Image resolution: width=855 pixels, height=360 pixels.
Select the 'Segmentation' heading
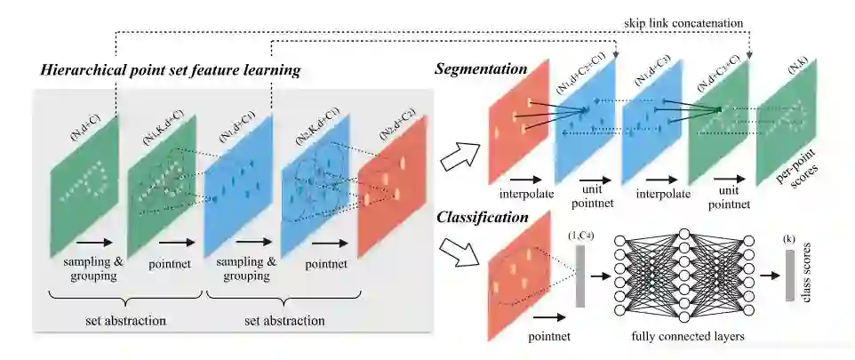(x=479, y=68)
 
